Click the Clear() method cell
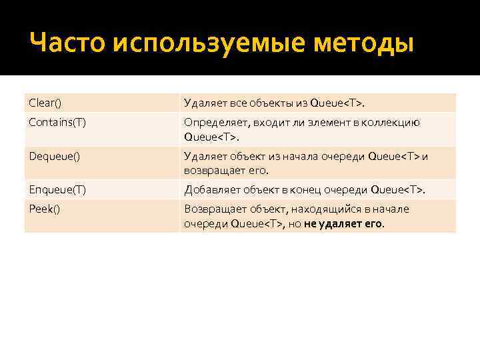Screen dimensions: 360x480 pos(45,103)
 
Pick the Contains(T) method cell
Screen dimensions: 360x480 pos(57,123)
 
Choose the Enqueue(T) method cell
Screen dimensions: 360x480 pos(57,190)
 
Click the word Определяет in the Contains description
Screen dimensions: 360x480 pos(212,123)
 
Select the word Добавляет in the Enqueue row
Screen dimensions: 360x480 pos(209,190)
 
